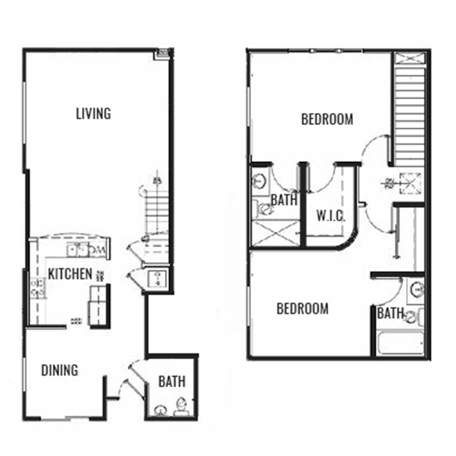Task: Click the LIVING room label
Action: (93, 113)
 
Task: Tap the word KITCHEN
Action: (70, 274)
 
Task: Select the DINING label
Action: (59, 370)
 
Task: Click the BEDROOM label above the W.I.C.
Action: (327, 120)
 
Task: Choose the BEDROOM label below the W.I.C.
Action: (302, 308)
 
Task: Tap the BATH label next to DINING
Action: (172, 381)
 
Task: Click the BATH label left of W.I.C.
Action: (284, 200)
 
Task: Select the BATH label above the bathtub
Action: (390, 314)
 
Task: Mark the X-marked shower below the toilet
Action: (275, 234)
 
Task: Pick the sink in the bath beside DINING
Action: (160, 409)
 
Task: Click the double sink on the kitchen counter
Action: (79, 249)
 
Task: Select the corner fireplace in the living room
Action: (164, 53)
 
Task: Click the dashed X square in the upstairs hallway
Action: (410, 182)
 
